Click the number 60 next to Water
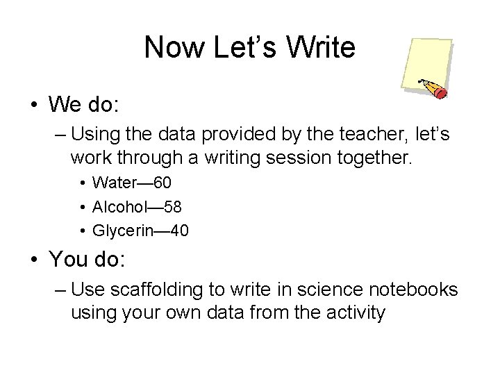tap(162, 183)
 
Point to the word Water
tap(115, 183)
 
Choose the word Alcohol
tap(120, 206)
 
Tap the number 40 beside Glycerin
tap(178, 230)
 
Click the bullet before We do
tap(34, 106)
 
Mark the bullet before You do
tap(34, 260)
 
